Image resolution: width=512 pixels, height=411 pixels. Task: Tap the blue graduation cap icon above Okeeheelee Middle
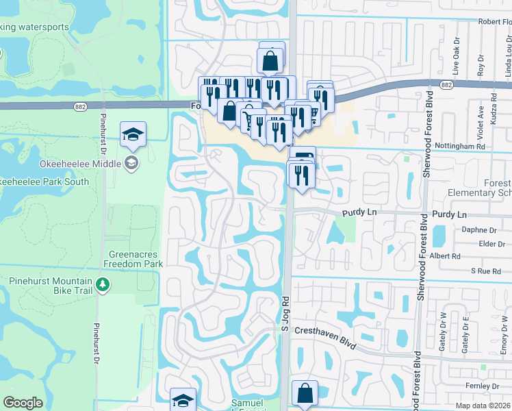coord(133,135)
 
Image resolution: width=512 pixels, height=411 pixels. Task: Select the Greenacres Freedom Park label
coord(132,258)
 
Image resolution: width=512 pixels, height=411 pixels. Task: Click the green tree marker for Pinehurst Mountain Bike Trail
coord(102,283)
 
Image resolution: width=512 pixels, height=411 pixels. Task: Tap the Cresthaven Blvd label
coord(325,338)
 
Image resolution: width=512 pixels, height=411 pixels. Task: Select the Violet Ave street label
coord(481,116)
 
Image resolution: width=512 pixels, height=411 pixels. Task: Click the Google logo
coord(23,403)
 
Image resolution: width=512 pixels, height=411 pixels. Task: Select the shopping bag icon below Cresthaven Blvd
coord(305,395)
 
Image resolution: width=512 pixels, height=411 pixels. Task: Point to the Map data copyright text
coord(483,406)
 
